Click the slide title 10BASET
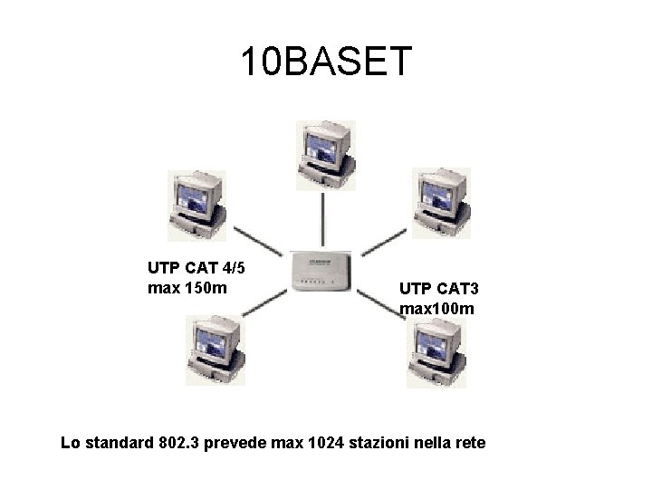click(326, 62)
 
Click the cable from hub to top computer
click(323, 217)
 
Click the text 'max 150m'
click(186, 289)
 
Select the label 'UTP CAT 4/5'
click(195, 268)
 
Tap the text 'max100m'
click(436, 310)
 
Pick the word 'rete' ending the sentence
click(469, 444)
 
